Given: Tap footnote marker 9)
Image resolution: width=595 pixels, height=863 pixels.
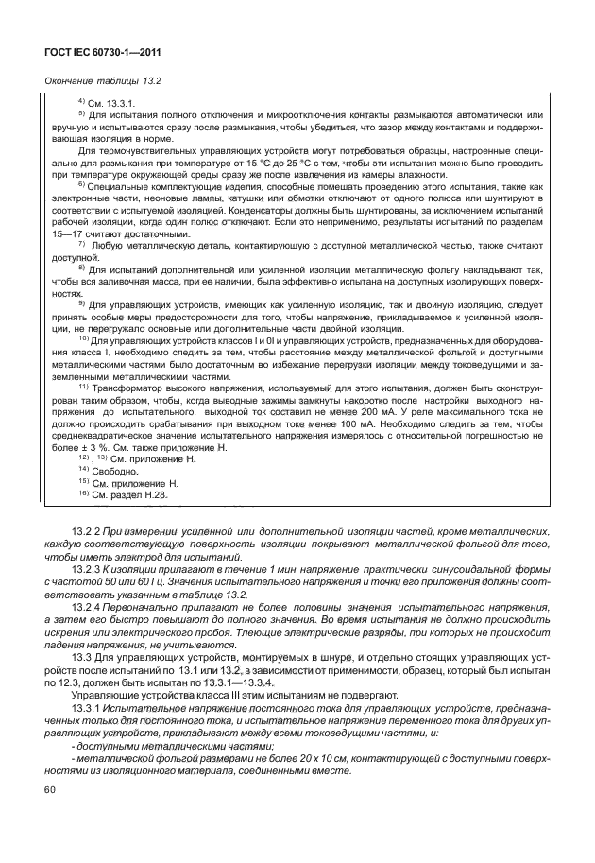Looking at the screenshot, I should click(81, 303).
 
